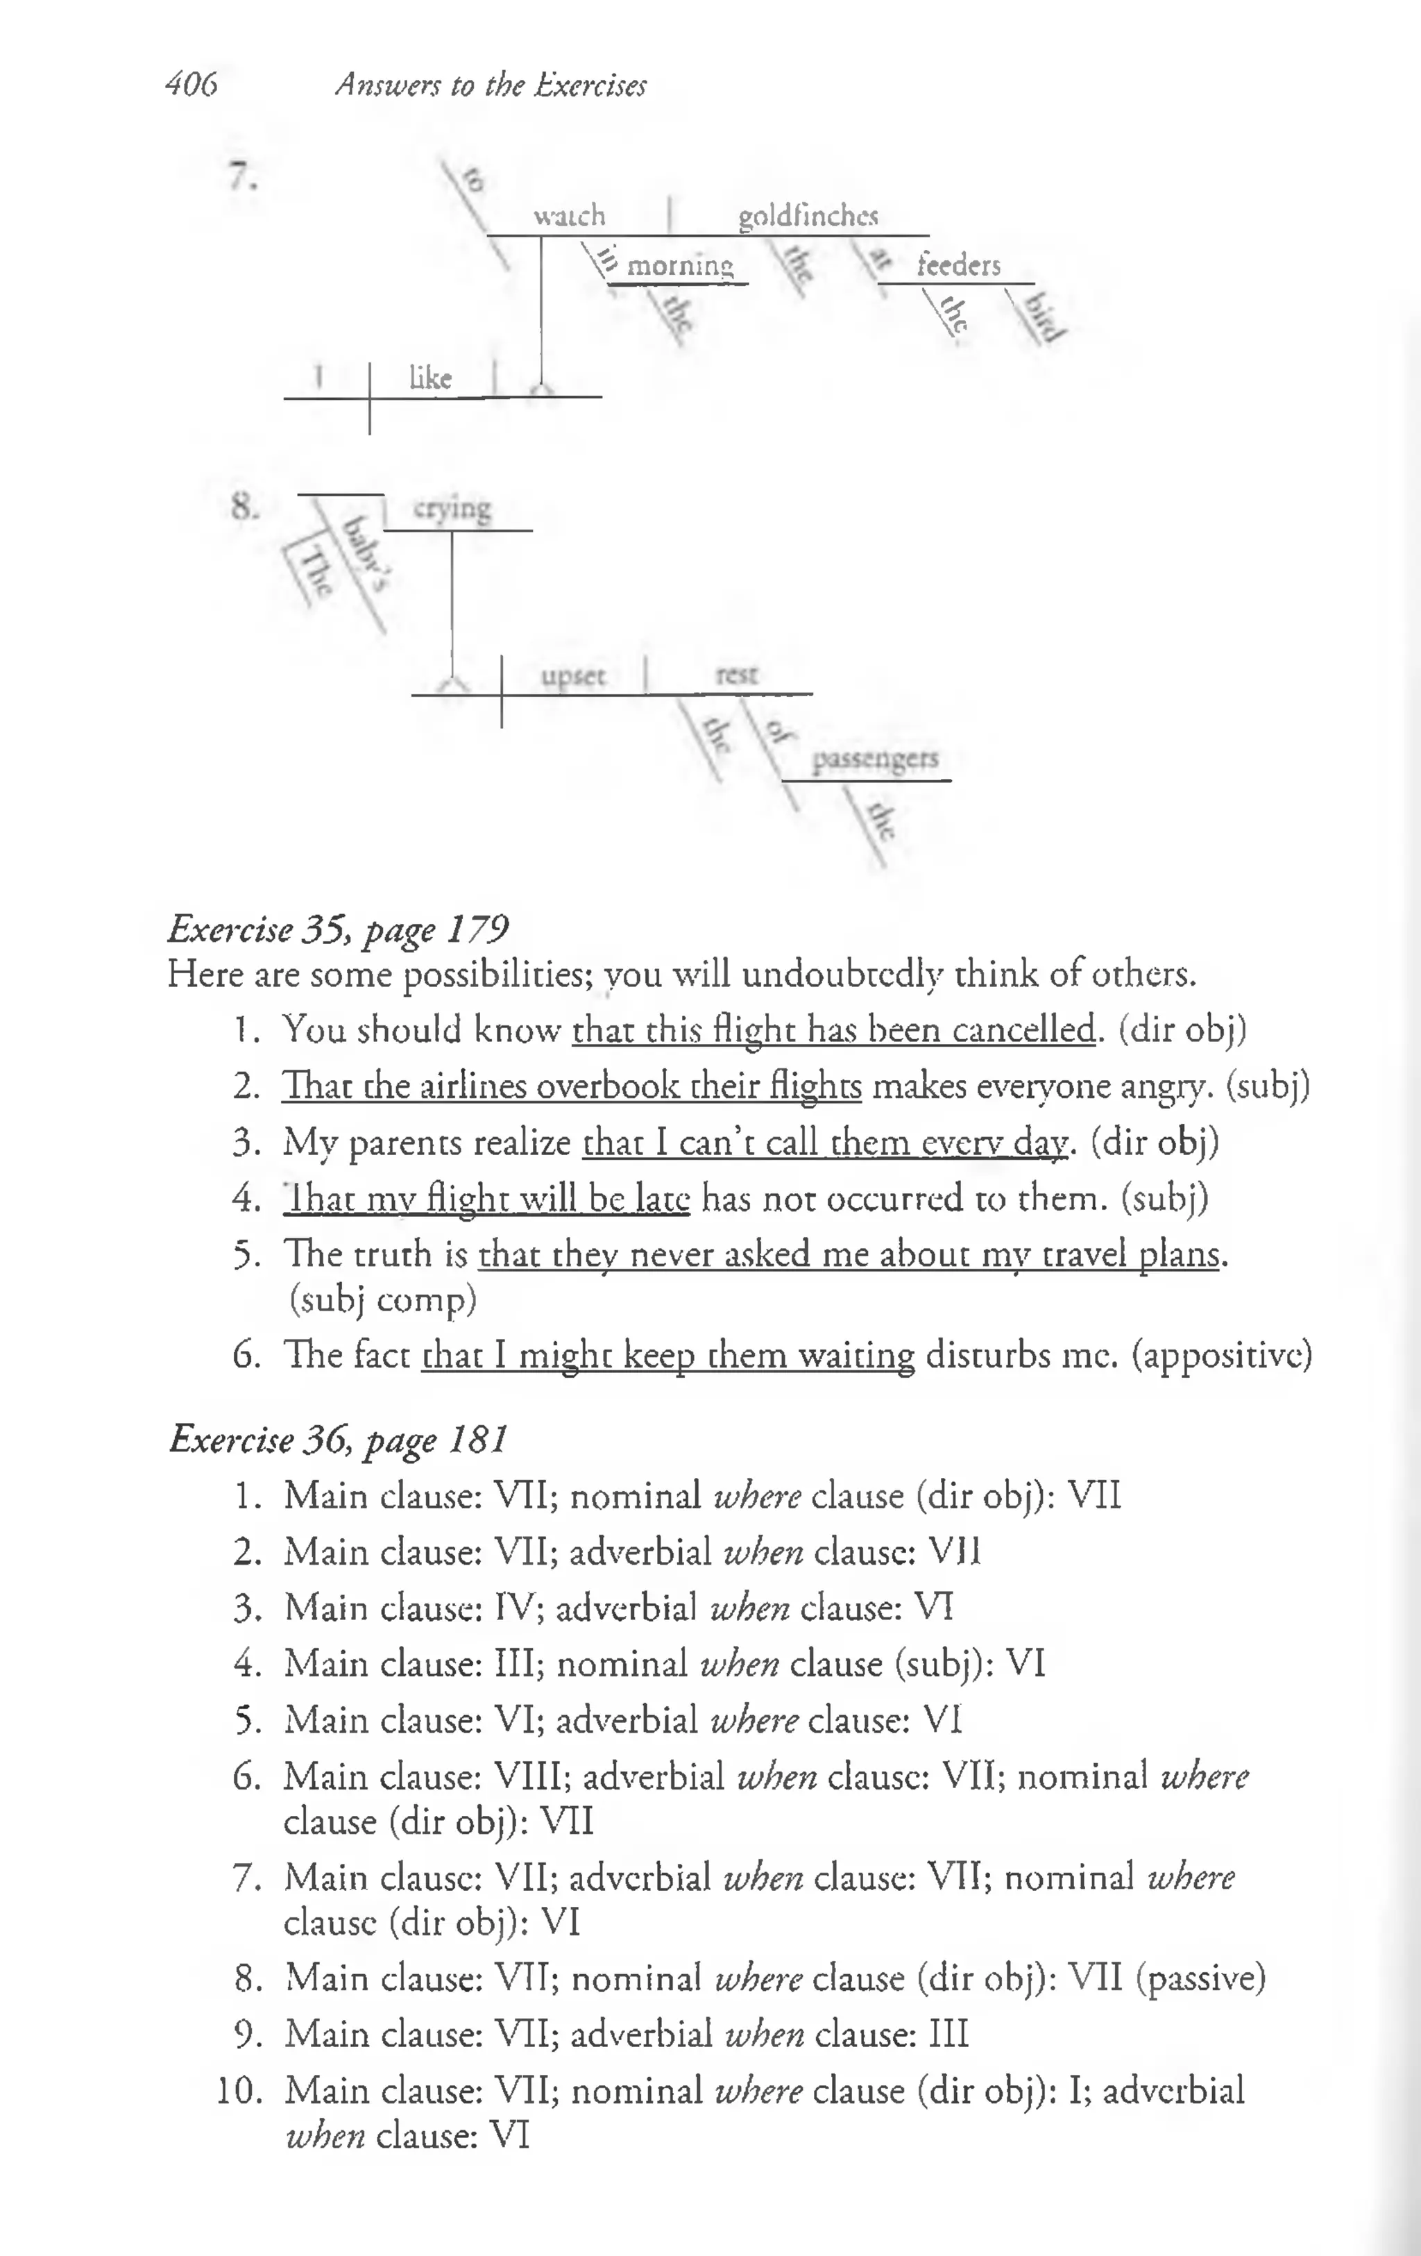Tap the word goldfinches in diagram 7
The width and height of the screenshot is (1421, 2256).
point(808,217)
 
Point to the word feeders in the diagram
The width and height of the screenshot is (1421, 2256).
point(958,265)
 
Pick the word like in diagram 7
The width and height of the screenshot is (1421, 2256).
point(430,378)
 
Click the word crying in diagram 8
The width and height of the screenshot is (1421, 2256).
point(452,509)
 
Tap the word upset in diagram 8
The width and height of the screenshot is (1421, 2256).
point(573,675)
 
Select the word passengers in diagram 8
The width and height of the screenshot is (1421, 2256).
point(874,758)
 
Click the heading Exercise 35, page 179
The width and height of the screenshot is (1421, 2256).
point(338,929)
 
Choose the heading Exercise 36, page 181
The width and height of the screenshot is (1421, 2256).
point(338,1438)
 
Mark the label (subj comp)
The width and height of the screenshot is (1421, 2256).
point(382,1299)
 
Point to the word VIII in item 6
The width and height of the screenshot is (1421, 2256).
point(531,1776)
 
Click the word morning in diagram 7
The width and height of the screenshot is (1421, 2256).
point(679,266)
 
